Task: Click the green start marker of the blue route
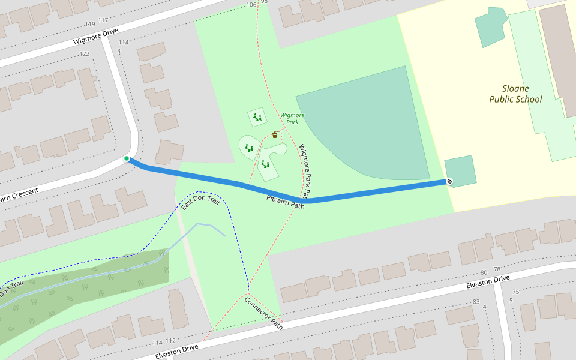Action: (x=127, y=158)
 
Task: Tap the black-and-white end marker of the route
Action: (x=449, y=181)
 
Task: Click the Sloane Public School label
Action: (x=515, y=94)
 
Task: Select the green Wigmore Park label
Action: (x=292, y=118)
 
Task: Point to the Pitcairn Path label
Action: (x=286, y=202)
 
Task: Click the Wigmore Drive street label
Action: (x=96, y=37)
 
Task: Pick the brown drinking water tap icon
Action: (x=275, y=134)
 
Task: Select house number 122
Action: (x=84, y=54)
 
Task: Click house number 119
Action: (x=90, y=25)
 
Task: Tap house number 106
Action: (x=251, y=5)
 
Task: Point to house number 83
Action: (x=476, y=301)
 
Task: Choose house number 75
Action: (x=516, y=292)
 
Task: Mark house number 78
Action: (x=497, y=269)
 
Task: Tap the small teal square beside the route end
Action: (x=460, y=171)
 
